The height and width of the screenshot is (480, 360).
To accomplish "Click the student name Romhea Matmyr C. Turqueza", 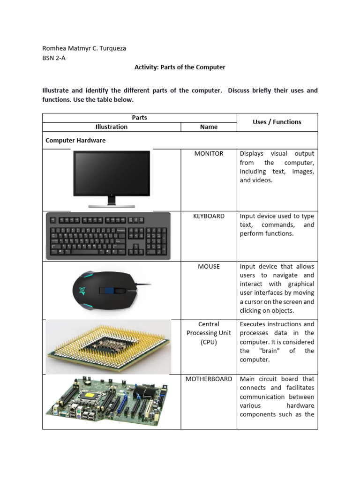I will point(84,48).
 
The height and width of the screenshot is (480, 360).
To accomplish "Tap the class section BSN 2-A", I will point(54,58).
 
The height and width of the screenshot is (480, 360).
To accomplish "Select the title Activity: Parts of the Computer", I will point(180,67).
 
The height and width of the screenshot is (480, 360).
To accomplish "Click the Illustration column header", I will point(111,127).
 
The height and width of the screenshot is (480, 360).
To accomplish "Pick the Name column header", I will point(209,127).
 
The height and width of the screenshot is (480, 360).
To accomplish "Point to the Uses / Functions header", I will point(277,122).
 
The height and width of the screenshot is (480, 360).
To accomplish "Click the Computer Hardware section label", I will point(75,140).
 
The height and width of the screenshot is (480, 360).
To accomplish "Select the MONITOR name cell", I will point(209,154).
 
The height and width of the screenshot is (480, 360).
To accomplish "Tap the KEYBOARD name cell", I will point(209,216).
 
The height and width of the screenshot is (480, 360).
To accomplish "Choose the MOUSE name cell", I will point(209,266).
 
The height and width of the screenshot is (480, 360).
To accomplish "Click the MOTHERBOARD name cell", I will point(209,379).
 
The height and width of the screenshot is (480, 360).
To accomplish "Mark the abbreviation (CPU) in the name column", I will point(209,342).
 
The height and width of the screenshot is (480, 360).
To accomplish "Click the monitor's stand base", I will point(112,205).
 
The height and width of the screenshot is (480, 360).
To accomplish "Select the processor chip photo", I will point(108,347).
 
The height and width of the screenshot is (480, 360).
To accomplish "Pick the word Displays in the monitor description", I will point(252,154).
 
